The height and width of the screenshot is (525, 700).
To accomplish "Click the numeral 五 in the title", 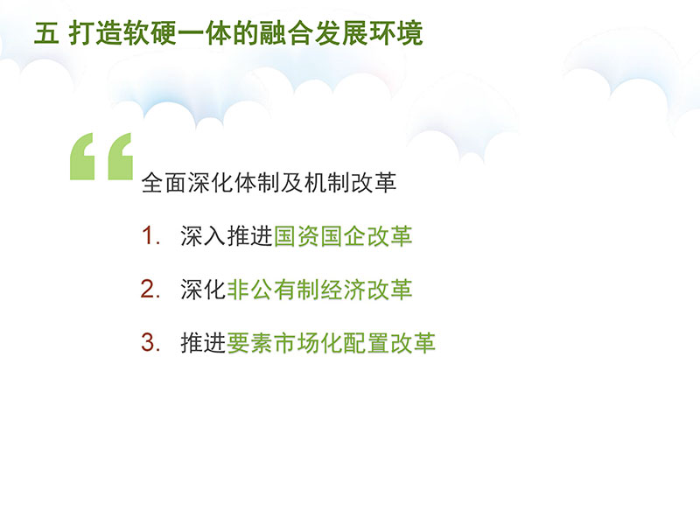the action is [46, 33].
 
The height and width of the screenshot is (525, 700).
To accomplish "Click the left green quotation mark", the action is [81, 157].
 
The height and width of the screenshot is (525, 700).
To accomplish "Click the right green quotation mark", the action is [120, 157].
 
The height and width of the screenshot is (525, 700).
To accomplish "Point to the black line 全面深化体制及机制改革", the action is [269, 183].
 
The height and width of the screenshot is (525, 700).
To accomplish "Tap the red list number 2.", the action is [150, 289].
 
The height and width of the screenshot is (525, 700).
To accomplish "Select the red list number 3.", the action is [150, 342].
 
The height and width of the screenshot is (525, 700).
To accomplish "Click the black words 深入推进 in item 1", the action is [227, 235].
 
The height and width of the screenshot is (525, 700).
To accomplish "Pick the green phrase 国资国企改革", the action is [342, 235].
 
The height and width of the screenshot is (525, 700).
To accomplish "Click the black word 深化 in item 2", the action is [203, 290].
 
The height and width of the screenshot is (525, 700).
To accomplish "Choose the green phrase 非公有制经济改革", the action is [319, 290].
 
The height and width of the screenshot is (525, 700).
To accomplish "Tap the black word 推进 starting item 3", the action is [203, 343].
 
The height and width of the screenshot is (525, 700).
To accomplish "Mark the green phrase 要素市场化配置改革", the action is [332, 343].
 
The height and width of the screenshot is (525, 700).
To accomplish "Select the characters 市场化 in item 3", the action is [308, 343].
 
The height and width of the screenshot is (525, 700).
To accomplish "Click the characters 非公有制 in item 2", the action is [273, 290].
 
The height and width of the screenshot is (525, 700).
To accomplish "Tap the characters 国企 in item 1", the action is [342, 235].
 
